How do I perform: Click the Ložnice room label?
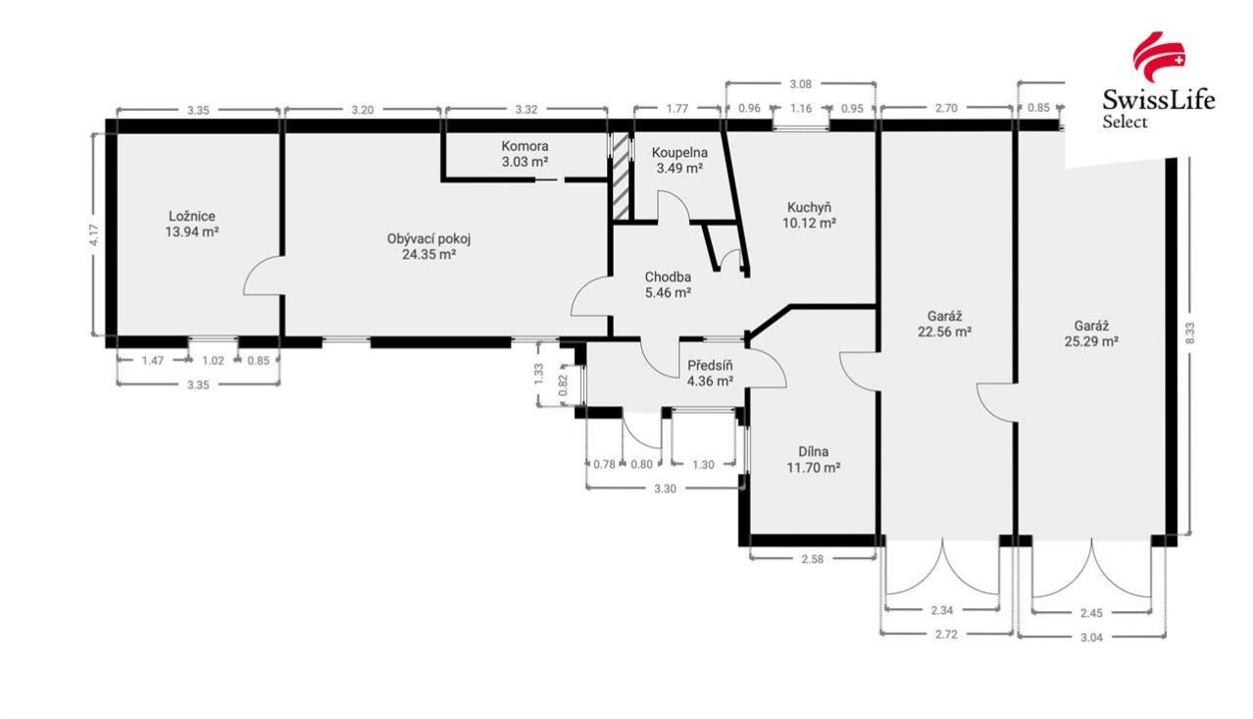pos(192,216)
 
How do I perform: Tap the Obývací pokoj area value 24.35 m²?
pos(428,255)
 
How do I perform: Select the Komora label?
pos(525,146)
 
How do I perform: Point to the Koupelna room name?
pos(679,152)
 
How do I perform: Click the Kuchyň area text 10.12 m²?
pos(810,224)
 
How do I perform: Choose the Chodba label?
pos(668,277)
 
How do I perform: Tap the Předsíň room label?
pos(710,366)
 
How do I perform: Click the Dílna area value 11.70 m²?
pos(814,467)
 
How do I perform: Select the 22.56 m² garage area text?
pos(944,332)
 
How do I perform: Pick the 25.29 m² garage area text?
pos(1091,341)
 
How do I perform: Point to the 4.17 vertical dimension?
pos(94,235)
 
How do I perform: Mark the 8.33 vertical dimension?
pos(1190,333)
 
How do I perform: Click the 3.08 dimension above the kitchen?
pos(800,84)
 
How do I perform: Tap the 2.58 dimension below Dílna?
pos(812,559)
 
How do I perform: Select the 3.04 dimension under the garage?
pos(1091,638)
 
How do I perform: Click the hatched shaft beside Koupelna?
pos(621,176)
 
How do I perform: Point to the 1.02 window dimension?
pos(213,361)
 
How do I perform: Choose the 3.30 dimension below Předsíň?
pos(665,489)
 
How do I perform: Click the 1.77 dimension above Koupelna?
pos(677,109)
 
